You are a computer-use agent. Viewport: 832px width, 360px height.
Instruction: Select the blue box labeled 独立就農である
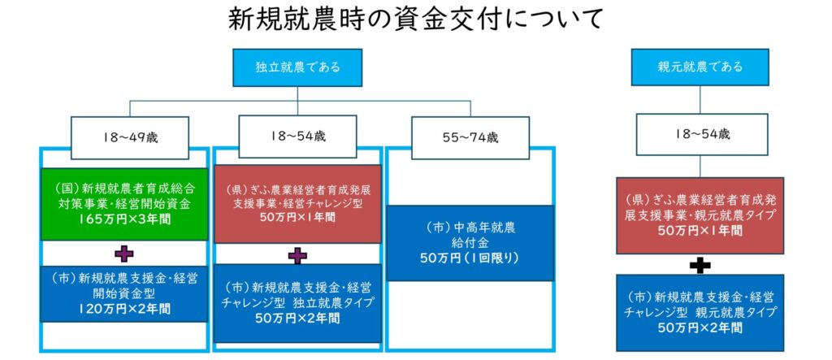[297, 67]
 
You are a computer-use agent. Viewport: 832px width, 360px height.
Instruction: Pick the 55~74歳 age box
[466, 138]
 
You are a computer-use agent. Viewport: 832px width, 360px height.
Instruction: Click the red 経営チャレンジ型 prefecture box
[297, 204]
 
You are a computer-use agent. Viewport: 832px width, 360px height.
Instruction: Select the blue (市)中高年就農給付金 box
[466, 242]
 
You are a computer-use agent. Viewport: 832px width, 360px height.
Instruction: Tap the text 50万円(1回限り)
[466, 258]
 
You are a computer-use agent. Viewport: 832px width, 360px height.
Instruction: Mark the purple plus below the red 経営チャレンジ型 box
[297, 255]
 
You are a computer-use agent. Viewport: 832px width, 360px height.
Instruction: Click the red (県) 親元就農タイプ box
[700, 215]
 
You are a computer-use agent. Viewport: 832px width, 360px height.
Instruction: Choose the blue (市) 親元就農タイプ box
[700, 312]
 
